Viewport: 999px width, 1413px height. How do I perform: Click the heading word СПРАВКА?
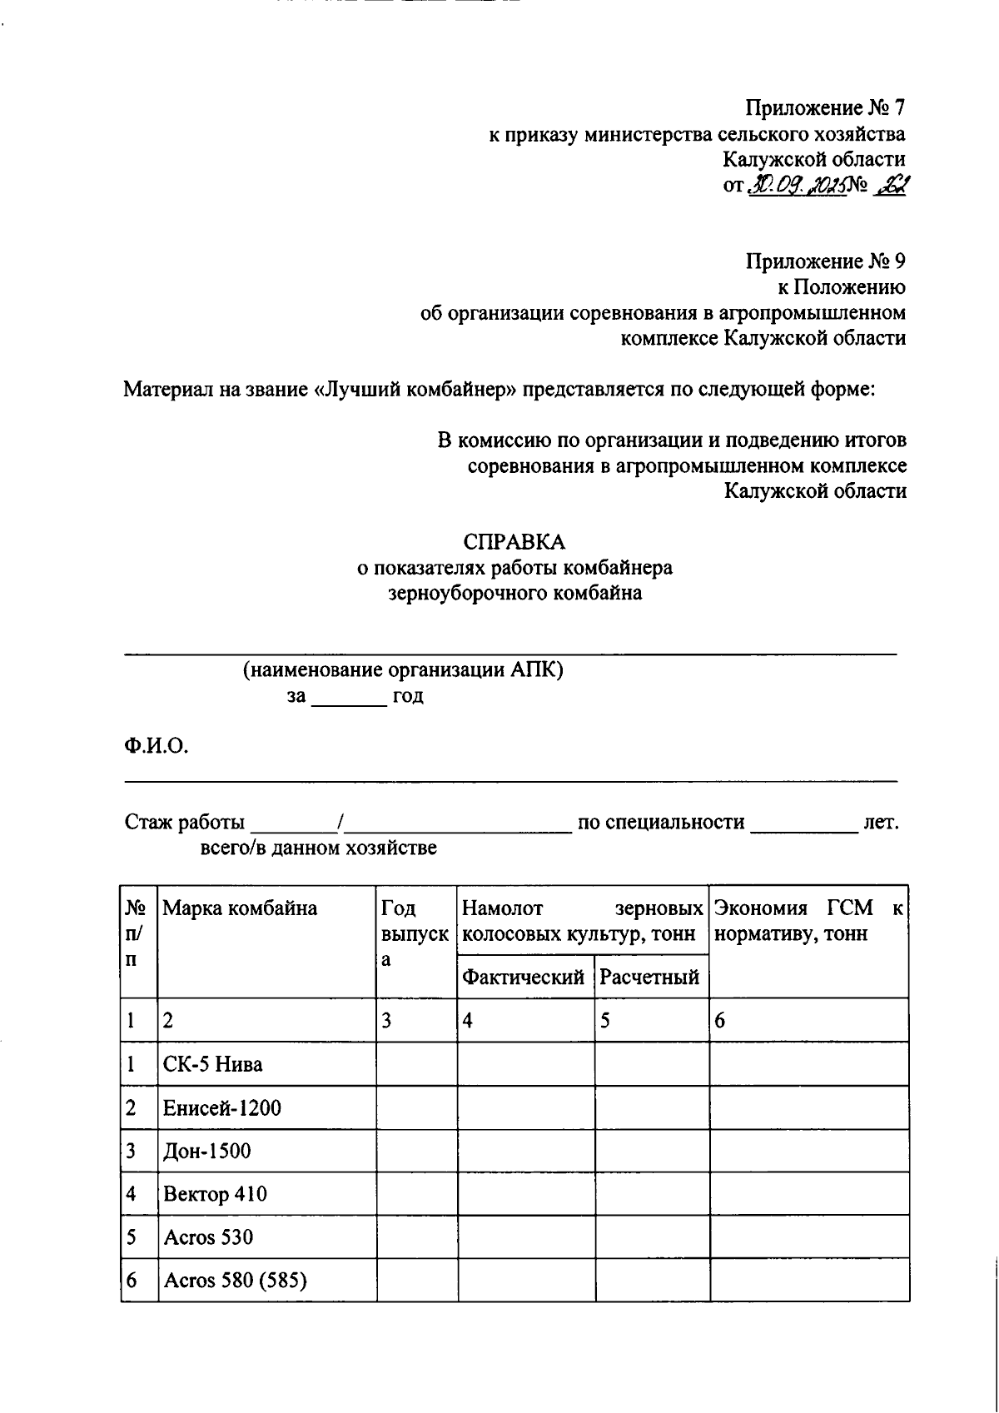pos(514,542)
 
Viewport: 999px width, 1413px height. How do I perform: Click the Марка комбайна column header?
pos(240,908)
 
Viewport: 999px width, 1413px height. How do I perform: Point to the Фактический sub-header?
pos(523,977)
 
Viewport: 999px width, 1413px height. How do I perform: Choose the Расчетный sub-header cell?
pos(649,977)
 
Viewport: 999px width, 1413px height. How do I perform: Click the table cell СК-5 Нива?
pos(213,1064)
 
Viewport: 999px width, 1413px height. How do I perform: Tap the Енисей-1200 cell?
pos(222,1108)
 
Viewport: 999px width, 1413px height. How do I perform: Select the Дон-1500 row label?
pos(207,1152)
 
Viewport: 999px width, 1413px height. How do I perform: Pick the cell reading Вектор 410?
pos(216,1195)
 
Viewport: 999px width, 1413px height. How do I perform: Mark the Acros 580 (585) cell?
pos(236,1281)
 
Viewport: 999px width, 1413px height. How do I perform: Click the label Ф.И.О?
pos(157,745)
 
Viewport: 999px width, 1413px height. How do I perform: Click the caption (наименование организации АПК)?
pos(403,670)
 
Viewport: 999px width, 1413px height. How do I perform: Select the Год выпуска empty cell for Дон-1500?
pos(416,1152)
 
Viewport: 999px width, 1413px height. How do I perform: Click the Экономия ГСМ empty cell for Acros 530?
pos(808,1237)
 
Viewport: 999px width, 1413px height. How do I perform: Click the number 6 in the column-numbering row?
pos(720,1021)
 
